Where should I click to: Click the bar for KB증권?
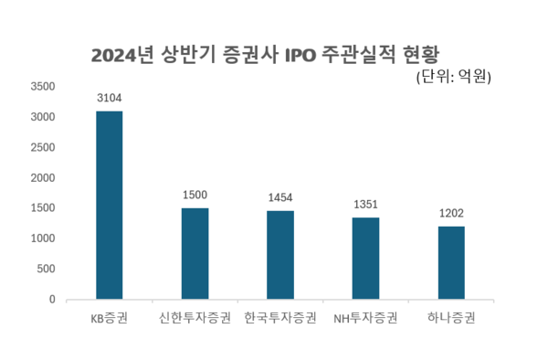click(x=110, y=205)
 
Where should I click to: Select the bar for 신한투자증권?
click(x=195, y=253)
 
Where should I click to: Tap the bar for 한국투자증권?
click(x=280, y=255)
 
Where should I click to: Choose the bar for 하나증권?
click(x=451, y=262)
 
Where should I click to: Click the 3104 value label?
click(x=110, y=97)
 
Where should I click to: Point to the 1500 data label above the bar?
click(x=195, y=195)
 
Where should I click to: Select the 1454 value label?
click(x=280, y=197)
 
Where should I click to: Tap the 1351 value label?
click(x=365, y=204)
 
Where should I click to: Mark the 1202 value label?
click(x=451, y=213)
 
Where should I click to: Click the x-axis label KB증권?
click(x=110, y=319)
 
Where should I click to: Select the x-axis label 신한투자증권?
click(x=195, y=319)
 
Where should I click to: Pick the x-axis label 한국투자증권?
click(x=280, y=319)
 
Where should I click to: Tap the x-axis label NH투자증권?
click(x=365, y=319)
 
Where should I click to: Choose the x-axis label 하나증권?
click(x=451, y=319)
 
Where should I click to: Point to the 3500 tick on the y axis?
click(x=43, y=87)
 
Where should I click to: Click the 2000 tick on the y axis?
click(x=43, y=178)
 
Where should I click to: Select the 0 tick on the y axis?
click(x=52, y=299)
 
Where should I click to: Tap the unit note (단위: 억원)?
click(x=453, y=77)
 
